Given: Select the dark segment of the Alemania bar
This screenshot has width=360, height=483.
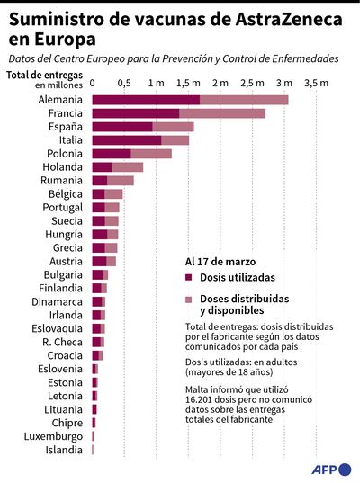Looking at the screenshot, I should (x=145, y=99).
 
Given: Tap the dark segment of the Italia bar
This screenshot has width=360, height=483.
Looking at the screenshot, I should (x=126, y=140).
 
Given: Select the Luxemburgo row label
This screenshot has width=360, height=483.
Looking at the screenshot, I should (x=56, y=436).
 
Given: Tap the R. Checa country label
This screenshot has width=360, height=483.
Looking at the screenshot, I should (x=62, y=342).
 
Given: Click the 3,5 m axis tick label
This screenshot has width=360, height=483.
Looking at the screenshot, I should (x=316, y=83).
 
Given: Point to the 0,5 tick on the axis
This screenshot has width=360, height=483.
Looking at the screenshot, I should (x=124, y=83).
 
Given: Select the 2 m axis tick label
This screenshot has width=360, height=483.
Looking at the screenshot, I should (x=220, y=83).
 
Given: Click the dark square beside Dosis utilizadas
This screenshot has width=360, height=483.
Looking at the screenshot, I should (x=189, y=278).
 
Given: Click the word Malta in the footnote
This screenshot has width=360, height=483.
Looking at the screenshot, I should (x=199, y=389).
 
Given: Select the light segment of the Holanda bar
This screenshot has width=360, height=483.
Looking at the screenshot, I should (x=128, y=167).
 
